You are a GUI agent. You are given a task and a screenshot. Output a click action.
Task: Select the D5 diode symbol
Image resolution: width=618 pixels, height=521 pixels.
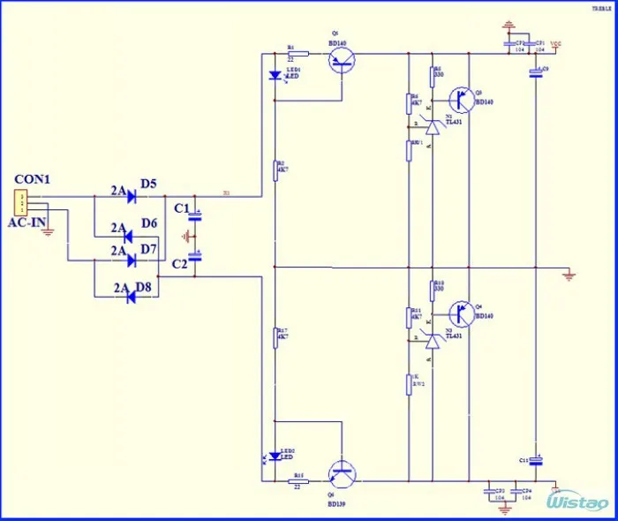tap(130, 196)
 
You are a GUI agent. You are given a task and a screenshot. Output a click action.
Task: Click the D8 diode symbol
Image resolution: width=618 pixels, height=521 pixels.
tap(130, 298)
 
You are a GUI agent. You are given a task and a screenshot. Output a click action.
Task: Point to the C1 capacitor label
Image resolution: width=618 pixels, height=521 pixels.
tap(181, 208)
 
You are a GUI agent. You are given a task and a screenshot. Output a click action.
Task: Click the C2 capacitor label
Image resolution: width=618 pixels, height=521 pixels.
tap(180, 264)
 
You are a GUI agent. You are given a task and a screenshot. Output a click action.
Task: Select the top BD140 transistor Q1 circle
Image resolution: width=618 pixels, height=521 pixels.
tap(342, 61)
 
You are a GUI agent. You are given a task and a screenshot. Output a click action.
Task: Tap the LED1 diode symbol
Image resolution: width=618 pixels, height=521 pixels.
tap(275, 76)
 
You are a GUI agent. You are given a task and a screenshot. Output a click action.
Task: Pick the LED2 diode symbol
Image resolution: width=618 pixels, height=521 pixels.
tap(275, 456)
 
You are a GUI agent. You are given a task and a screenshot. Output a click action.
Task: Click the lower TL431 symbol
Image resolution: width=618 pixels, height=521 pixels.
tap(431, 341)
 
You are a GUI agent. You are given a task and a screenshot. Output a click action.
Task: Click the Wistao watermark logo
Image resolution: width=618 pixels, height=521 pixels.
tap(578, 502)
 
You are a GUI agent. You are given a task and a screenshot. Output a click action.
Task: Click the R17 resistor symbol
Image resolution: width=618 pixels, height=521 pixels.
tap(275, 336)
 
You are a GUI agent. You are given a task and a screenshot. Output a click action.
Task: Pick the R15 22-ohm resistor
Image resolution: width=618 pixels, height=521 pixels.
tap(298, 482)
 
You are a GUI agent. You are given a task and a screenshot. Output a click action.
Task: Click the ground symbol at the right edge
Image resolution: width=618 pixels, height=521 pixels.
tap(569, 276)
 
